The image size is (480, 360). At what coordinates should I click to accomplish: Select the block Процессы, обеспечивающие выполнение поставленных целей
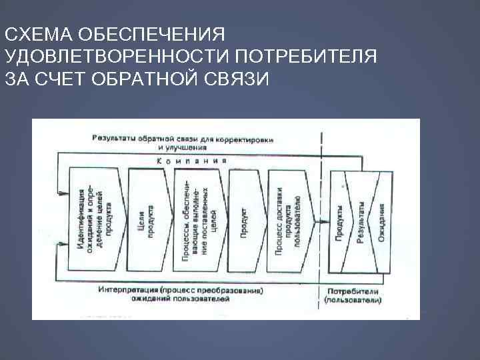(198, 217)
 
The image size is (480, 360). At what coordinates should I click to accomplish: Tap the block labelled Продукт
(244, 217)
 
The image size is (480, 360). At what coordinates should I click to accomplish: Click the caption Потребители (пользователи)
(353, 297)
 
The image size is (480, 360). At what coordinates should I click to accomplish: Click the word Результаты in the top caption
(114, 138)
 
